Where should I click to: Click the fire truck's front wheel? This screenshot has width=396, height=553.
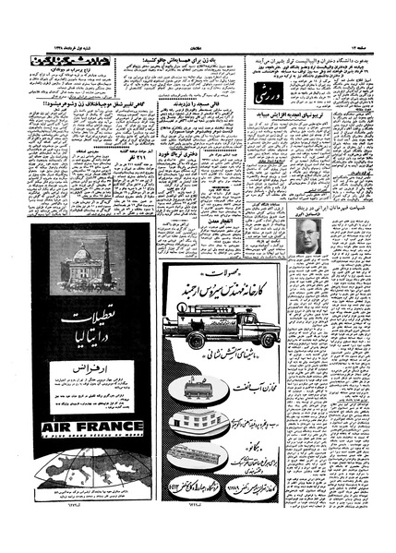(225, 342)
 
